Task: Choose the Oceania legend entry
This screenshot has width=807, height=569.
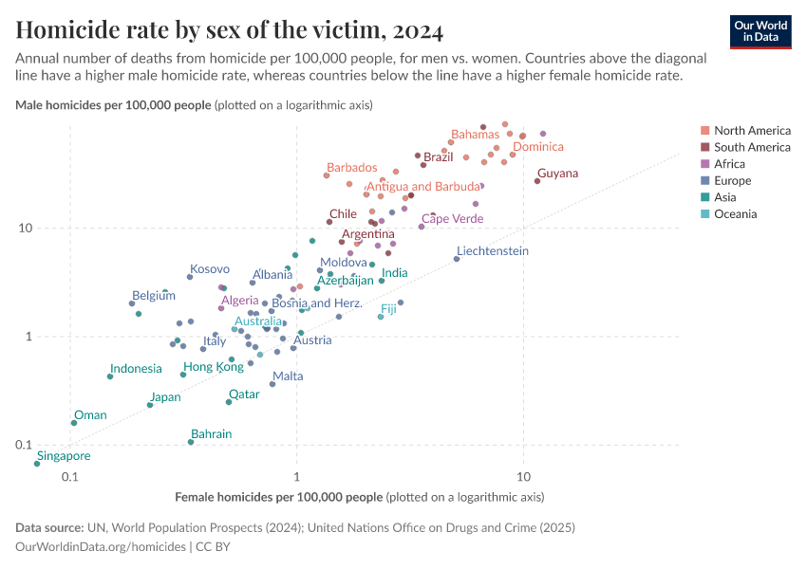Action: tap(735, 214)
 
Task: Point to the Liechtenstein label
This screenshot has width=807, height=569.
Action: tap(492, 251)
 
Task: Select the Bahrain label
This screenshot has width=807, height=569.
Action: tap(211, 434)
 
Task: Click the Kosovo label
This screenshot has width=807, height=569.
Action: tap(209, 269)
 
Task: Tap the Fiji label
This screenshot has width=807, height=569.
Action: tap(388, 309)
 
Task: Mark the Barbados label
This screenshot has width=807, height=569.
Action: tap(351, 168)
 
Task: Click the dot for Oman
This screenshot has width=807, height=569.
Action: tap(74, 423)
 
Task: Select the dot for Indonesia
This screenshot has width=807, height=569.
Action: tap(110, 376)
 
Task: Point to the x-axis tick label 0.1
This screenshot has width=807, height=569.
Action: tap(70, 476)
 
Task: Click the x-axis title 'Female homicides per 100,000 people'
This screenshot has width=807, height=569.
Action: tap(279, 497)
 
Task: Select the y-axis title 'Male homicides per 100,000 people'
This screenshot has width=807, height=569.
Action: tap(114, 105)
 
